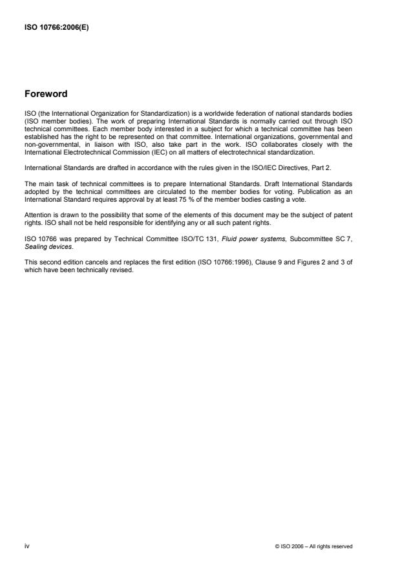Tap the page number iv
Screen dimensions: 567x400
point(26,546)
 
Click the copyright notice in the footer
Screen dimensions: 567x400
point(313,546)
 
